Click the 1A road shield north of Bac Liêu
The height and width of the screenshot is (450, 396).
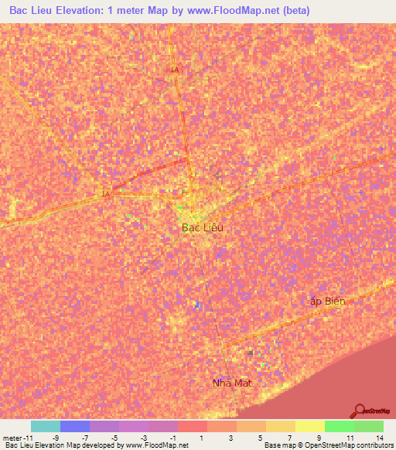click(175, 70)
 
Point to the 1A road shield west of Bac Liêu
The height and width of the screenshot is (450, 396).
click(105, 194)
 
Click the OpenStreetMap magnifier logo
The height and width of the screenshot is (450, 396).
click(360, 411)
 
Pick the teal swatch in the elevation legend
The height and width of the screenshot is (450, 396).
click(45, 426)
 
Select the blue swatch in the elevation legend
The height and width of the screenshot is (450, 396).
click(74, 426)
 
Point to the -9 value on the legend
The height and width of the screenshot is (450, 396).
click(54, 437)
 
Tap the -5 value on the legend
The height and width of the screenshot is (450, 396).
click(114, 437)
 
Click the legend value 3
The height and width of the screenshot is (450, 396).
click(231, 437)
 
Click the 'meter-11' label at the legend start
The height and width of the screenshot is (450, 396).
click(16, 437)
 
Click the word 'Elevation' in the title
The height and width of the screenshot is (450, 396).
click(84, 10)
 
